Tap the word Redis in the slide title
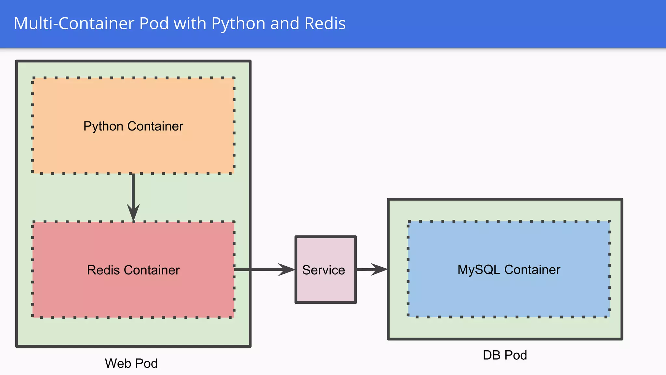(x=325, y=23)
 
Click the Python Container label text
(x=133, y=126)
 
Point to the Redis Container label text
(x=133, y=270)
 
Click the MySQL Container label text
(x=509, y=270)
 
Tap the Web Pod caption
(x=131, y=363)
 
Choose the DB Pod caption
(x=505, y=355)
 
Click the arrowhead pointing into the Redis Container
(x=133, y=213)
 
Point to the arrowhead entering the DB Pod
(x=379, y=269)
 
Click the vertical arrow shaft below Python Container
(x=133, y=190)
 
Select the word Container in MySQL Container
(x=532, y=270)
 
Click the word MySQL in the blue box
(x=479, y=270)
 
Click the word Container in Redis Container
(x=152, y=270)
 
